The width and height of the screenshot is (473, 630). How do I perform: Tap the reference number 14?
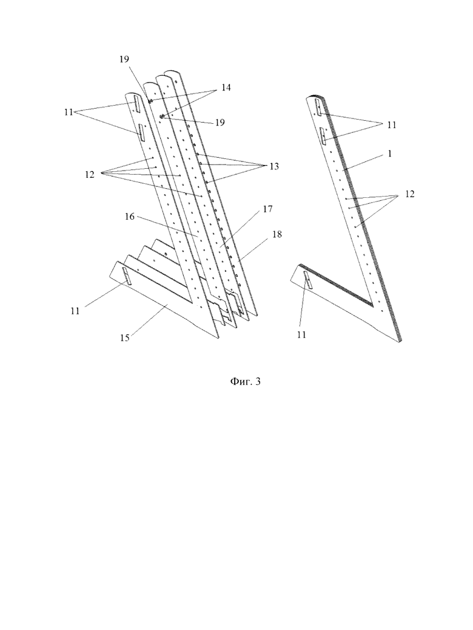226,87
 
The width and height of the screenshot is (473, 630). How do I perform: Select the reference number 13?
273,166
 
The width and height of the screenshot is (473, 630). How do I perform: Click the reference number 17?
268,209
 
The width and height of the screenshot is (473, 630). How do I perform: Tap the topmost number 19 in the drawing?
124,60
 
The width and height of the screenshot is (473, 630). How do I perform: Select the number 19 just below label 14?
220,123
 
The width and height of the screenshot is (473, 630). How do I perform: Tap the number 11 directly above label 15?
75,311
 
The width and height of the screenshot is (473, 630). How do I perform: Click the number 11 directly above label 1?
392,124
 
